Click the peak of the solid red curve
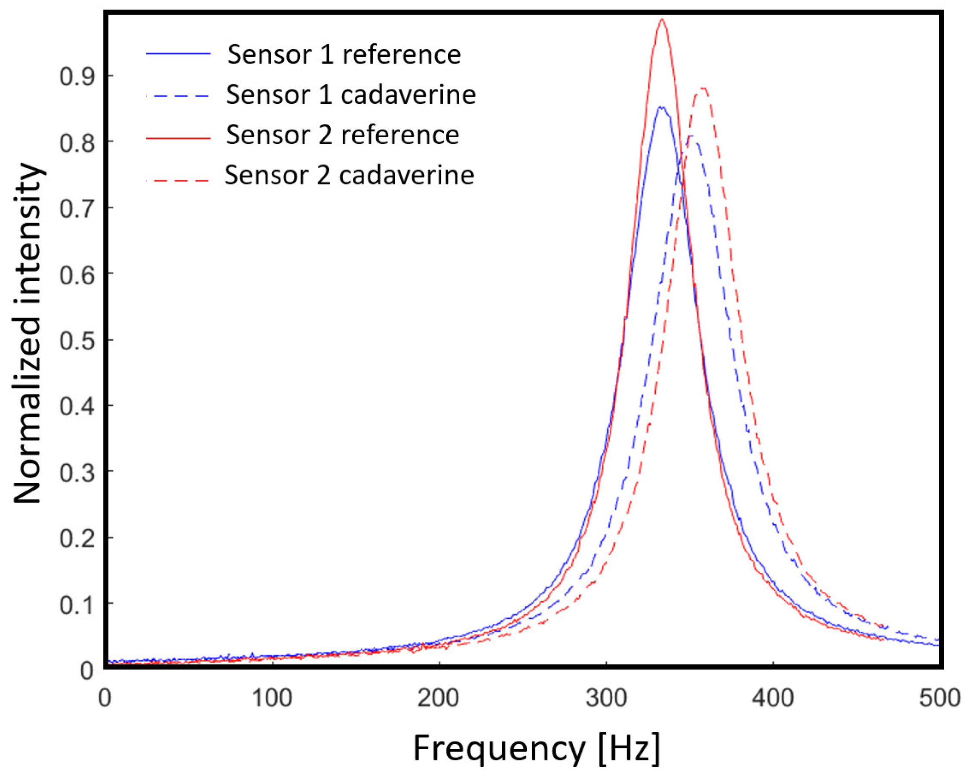pyautogui.click(x=661, y=19)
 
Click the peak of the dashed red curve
pyautogui.click(x=703, y=88)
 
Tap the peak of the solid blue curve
pyautogui.click(x=660, y=107)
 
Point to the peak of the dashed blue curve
pyautogui.click(x=691, y=136)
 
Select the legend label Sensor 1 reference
pyautogui.click(x=344, y=55)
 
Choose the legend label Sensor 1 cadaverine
pyautogui.click(x=351, y=95)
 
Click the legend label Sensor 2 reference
pyautogui.click(x=343, y=135)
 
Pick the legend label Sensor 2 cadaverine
pyautogui.click(x=349, y=175)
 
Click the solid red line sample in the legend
pyautogui.click(x=178, y=138)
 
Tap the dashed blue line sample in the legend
pyautogui.click(x=178, y=96)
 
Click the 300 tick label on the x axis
pyautogui.click(x=606, y=698)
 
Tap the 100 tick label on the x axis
pyautogui.click(x=272, y=698)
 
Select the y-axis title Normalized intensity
pyautogui.click(x=28, y=333)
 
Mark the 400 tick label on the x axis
pyautogui.click(x=773, y=698)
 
